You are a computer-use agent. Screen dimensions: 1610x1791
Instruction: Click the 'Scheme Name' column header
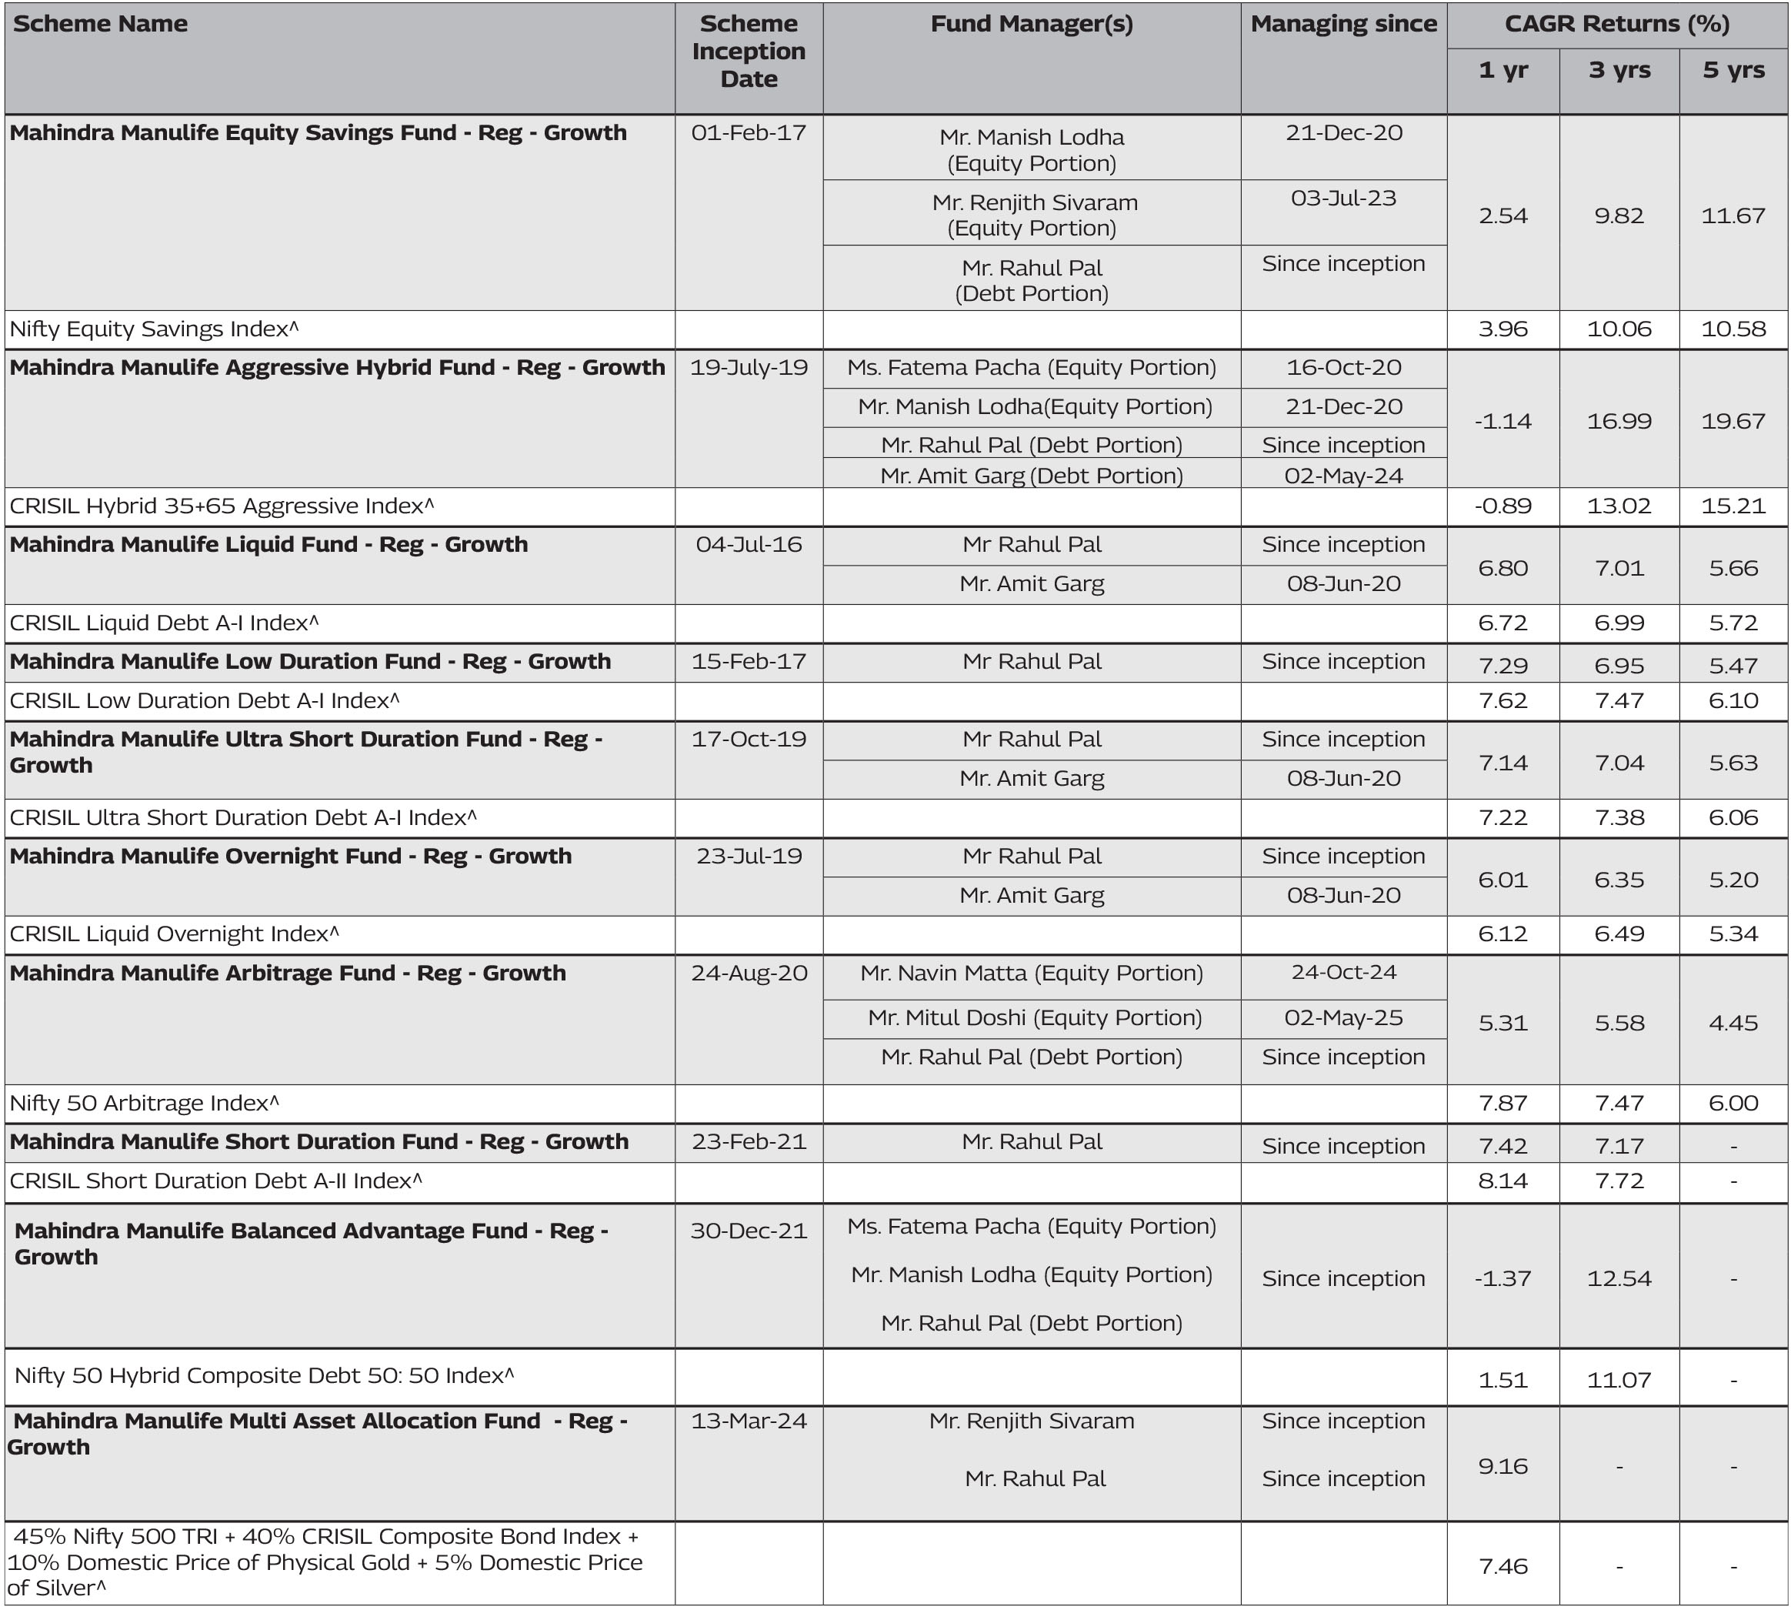pyautogui.click(x=100, y=24)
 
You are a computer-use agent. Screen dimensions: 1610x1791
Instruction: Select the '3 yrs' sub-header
pyautogui.click(x=1619, y=70)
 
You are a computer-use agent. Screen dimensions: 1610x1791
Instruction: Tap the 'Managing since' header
pyautogui.click(x=1342, y=24)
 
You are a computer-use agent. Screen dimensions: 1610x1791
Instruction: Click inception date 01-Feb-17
pyautogui.click(x=749, y=132)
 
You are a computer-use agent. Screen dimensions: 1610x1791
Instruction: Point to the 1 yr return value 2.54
pyautogui.click(x=1503, y=215)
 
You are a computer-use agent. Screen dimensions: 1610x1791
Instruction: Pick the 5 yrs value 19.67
pyautogui.click(x=1733, y=421)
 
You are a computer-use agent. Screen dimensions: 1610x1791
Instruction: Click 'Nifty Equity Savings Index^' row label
pyautogui.click(x=155, y=329)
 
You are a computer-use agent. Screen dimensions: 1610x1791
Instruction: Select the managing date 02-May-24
pyautogui.click(x=1342, y=476)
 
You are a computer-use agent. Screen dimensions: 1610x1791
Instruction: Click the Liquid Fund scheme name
pyautogui.click(x=268, y=544)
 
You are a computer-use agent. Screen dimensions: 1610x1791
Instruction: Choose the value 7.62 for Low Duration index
pyautogui.click(x=1503, y=700)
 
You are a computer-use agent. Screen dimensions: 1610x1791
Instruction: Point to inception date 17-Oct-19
pyautogui.click(x=749, y=739)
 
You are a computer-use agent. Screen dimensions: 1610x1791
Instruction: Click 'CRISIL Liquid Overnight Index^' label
pyautogui.click(x=174, y=934)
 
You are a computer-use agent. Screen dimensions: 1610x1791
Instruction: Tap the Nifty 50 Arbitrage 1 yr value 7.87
pyautogui.click(x=1503, y=1103)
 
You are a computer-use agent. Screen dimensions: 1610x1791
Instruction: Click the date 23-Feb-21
pyautogui.click(x=749, y=1141)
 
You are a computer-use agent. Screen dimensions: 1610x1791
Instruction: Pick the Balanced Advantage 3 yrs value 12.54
pyautogui.click(x=1619, y=1278)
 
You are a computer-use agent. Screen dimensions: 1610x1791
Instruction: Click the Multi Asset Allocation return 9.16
pyautogui.click(x=1503, y=1467)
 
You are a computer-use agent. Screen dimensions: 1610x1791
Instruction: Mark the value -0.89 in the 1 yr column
pyautogui.click(x=1503, y=506)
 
